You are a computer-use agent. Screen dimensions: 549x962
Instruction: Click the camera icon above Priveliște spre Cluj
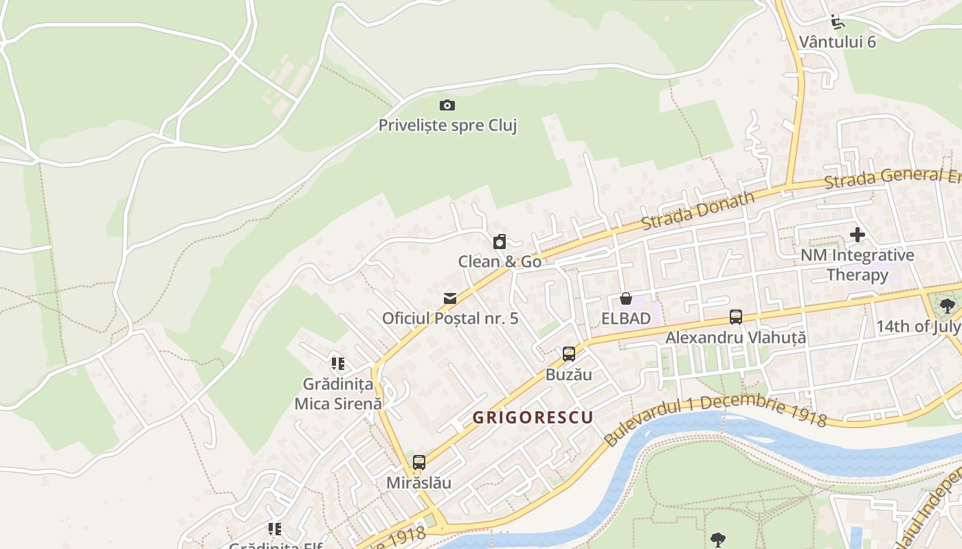point(447,105)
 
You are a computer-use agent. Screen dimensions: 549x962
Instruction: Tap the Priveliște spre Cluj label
point(447,126)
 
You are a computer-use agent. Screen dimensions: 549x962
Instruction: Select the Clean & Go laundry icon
point(500,242)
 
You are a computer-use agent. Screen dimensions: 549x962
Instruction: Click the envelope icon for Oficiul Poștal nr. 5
point(450,299)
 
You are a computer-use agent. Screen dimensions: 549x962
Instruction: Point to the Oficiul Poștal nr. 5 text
point(450,318)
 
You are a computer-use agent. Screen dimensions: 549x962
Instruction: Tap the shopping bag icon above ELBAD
point(626,299)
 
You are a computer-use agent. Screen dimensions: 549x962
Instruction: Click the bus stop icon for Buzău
point(569,354)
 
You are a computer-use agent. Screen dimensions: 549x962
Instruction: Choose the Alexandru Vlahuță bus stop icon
point(736,317)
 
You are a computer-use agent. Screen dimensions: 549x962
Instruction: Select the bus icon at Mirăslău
point(419,463)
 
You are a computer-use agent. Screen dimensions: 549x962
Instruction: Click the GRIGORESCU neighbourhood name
point(533,417)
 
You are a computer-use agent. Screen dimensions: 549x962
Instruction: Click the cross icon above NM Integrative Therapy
point(858,235)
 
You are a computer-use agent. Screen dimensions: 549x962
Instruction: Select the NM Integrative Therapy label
point(858,265)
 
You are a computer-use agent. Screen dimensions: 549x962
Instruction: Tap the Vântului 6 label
point(838,42)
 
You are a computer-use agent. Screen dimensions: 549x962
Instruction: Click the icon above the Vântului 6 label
point(837,22)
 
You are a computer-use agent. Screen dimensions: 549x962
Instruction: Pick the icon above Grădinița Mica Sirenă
point(337,363)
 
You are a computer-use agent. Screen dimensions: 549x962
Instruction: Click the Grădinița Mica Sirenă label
point(337,394)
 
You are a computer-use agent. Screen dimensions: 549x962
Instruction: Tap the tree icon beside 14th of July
point(948,306)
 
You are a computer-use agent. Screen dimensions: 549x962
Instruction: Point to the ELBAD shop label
point(626,318)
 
